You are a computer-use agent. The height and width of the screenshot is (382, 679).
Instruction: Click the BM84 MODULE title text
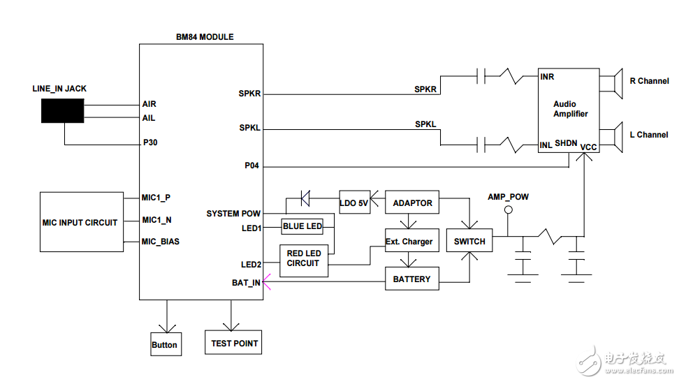(205, 37)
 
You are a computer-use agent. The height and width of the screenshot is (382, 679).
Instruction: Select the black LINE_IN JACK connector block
(62, 111)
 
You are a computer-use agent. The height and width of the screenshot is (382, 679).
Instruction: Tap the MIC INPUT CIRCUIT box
(81, 222)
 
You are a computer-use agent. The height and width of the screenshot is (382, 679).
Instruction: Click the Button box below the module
(165, 344)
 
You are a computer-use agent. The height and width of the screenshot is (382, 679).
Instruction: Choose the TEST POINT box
(234, 343)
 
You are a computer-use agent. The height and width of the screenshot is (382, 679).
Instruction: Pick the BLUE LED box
(302, 226)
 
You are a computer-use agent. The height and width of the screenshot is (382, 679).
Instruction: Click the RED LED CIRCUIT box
(303, 258)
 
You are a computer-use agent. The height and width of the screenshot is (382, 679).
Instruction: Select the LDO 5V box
(353, 203)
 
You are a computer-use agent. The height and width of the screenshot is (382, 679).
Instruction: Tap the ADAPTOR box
(412, 203)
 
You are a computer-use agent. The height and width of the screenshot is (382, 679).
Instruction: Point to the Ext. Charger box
(409, 242)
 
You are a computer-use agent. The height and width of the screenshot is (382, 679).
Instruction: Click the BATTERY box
(411, 279)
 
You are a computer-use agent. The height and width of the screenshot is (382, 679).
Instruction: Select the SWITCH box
(469, 242)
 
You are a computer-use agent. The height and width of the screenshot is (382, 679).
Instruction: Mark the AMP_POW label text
(508, 197)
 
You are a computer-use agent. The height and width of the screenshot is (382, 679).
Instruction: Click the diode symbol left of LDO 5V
(305, 199)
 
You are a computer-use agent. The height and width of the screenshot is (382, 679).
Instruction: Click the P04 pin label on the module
(252, 166)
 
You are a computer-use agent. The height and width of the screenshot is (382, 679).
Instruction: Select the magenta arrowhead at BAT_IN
(267, 284)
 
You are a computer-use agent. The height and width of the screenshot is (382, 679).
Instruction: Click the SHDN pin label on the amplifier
(566, 143)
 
